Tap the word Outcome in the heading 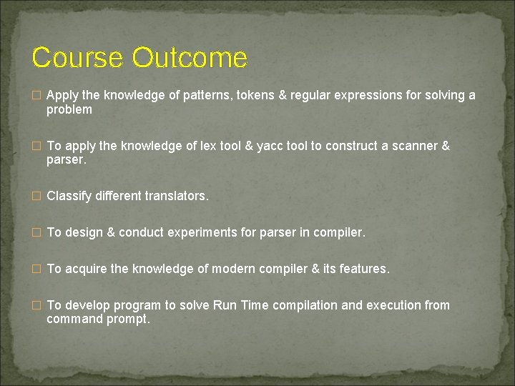point(190,58)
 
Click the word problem point(69,109)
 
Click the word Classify point(69,196)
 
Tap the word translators point(177,196)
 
